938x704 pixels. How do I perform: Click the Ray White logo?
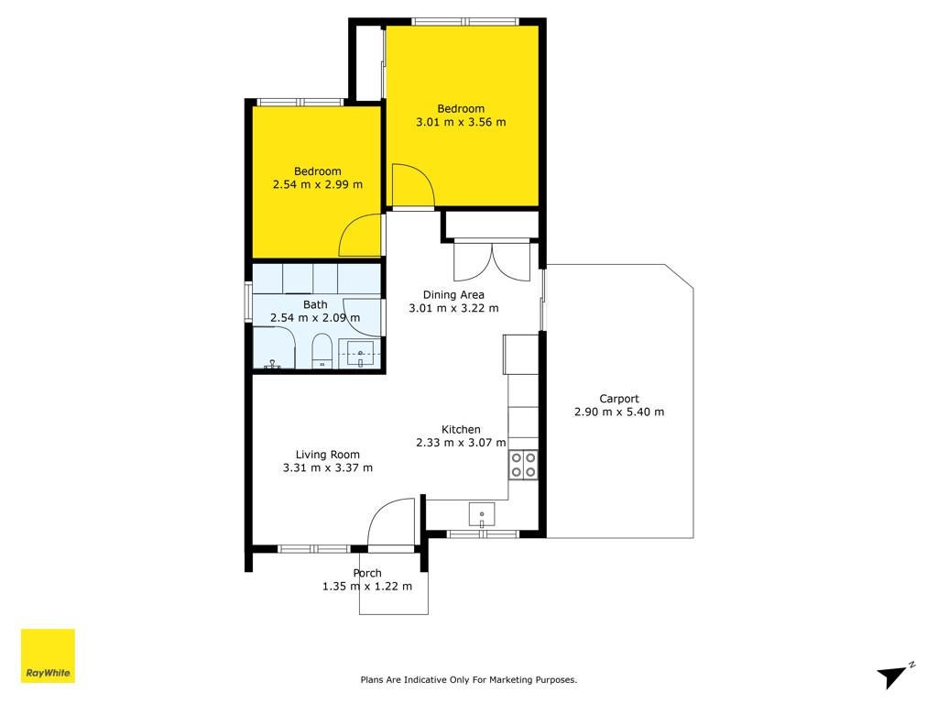pos(48,655)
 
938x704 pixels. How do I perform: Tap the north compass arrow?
pos(893,676)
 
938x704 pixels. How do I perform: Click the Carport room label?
pos(619,399)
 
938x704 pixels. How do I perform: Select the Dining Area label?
pos(453,294)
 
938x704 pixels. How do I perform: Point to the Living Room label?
pos(328,455)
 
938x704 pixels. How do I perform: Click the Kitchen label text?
pos(461,429)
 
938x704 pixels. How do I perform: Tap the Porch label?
pos(367,573)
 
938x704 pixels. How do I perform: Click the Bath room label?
pos(315,304)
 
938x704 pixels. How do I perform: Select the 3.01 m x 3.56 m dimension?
pos(461,122)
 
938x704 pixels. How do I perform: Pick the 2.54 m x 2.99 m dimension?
pos(318,184)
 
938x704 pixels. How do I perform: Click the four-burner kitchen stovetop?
pos(523,465)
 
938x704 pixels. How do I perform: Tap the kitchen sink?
pos(482,515)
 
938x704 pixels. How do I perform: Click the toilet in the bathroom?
pos(322,351)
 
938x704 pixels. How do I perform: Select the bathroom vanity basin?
pos(360,354)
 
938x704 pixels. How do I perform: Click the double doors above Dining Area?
pos(492,260)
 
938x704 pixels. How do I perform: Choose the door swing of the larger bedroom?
pos(412,185)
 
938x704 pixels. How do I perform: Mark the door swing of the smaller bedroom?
pos(360,236)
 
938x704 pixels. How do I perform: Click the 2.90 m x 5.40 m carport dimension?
pos(619,412)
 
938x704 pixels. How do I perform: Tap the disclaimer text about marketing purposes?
pos(468,679)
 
